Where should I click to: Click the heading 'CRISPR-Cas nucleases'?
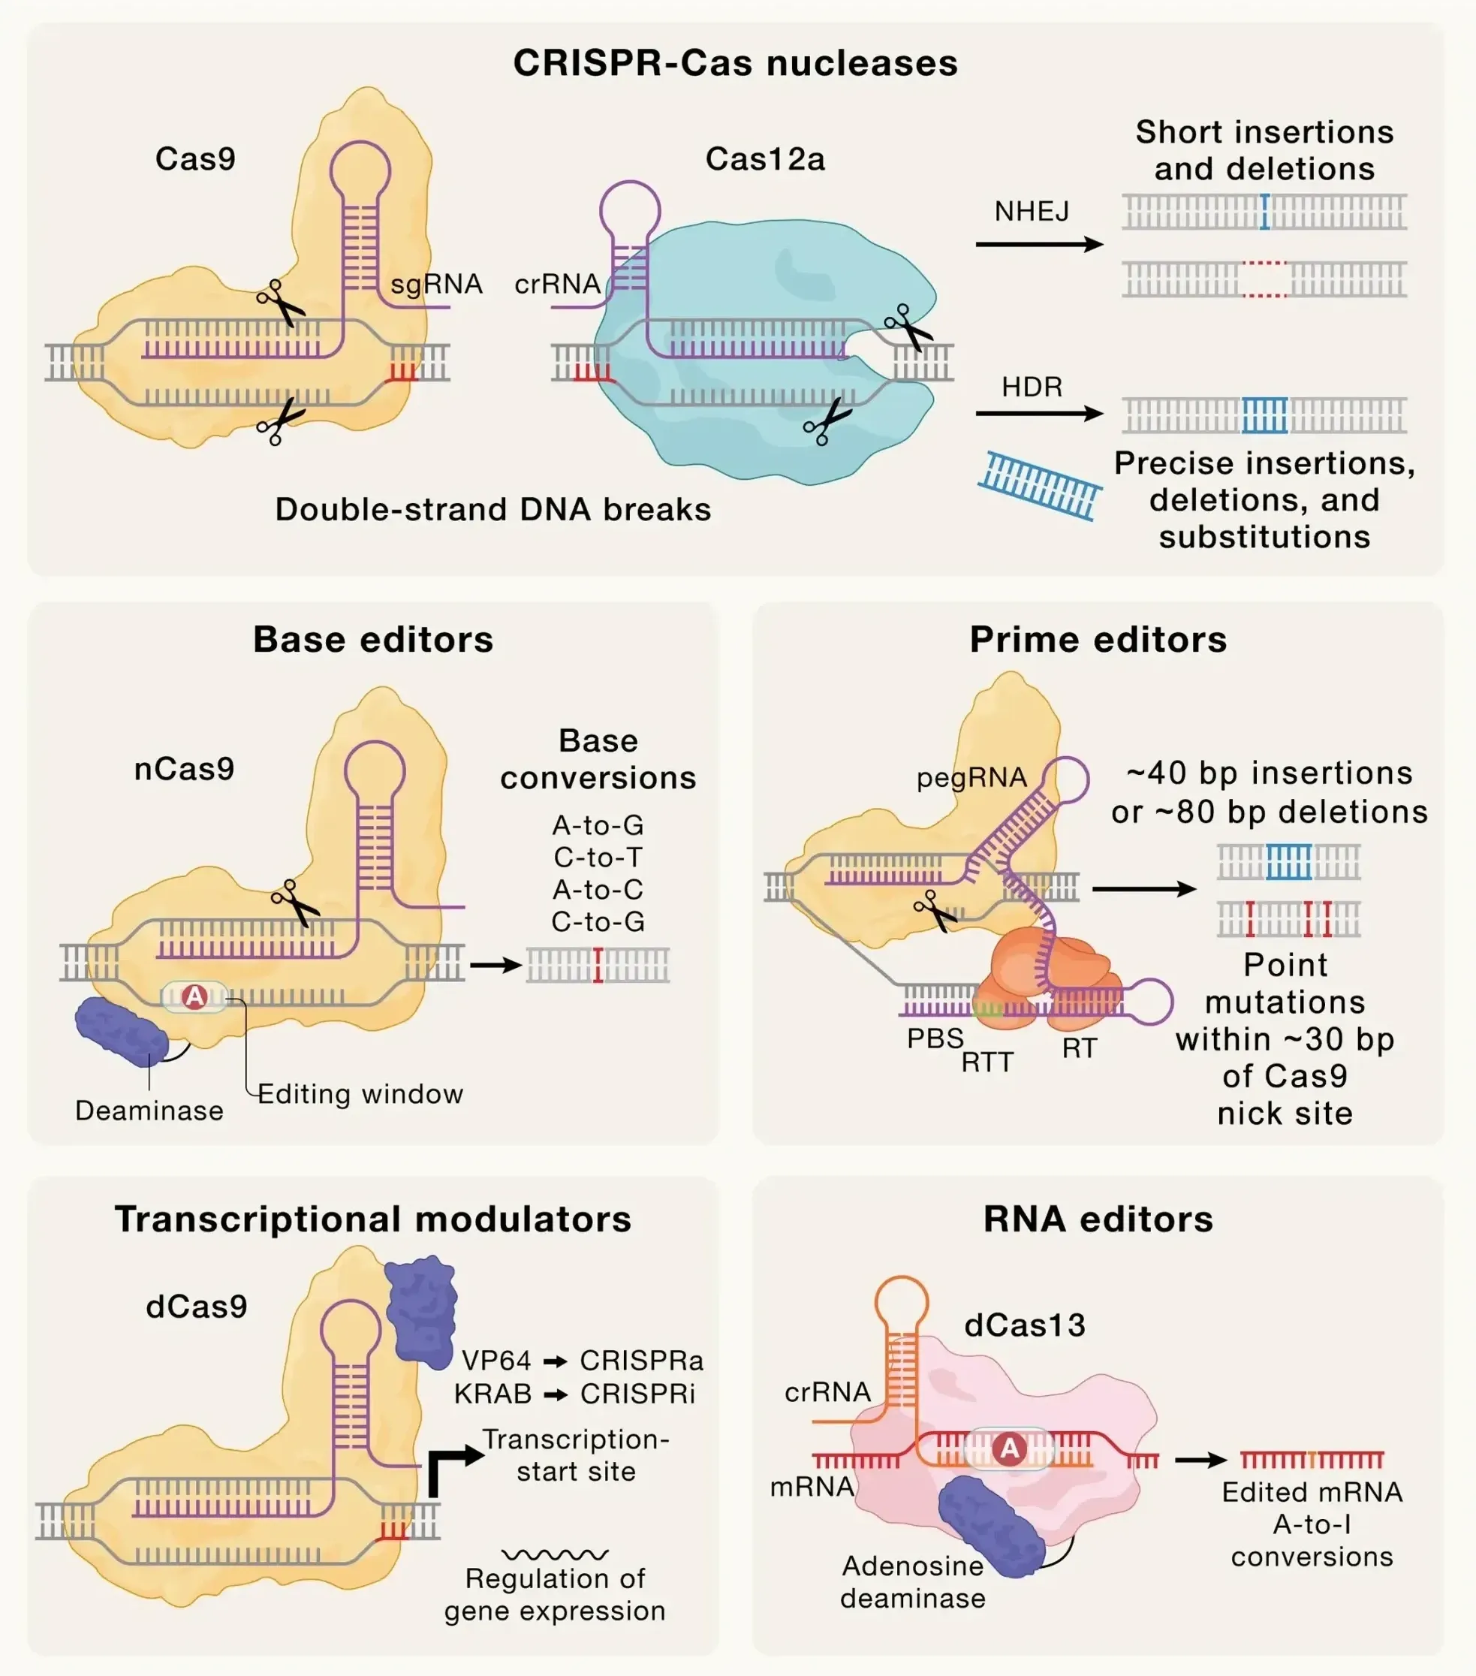click(x=736, y=63)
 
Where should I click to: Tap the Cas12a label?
click(x=764, y=159)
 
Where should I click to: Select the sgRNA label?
click(x=436, y=284)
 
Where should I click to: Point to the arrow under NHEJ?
click(x=1038, y=244)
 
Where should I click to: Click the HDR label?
click(x=1032, y=386)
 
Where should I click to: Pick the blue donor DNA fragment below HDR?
click(x=1040, y=485)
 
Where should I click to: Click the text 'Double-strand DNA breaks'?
click(x=493, y=509)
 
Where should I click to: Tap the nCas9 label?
click(x=185, y=768)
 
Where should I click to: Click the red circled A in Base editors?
click(x=194, y=996)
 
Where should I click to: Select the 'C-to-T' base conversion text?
click(x=598, y=857)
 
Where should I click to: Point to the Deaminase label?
click(x=149, y=1111)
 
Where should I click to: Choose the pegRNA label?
click(x=971, y=776)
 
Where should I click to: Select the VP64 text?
click(x=496, y=1361)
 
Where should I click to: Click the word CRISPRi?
click(x=637, y=1393)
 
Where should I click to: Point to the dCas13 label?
click(x=1024, y=1325)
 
